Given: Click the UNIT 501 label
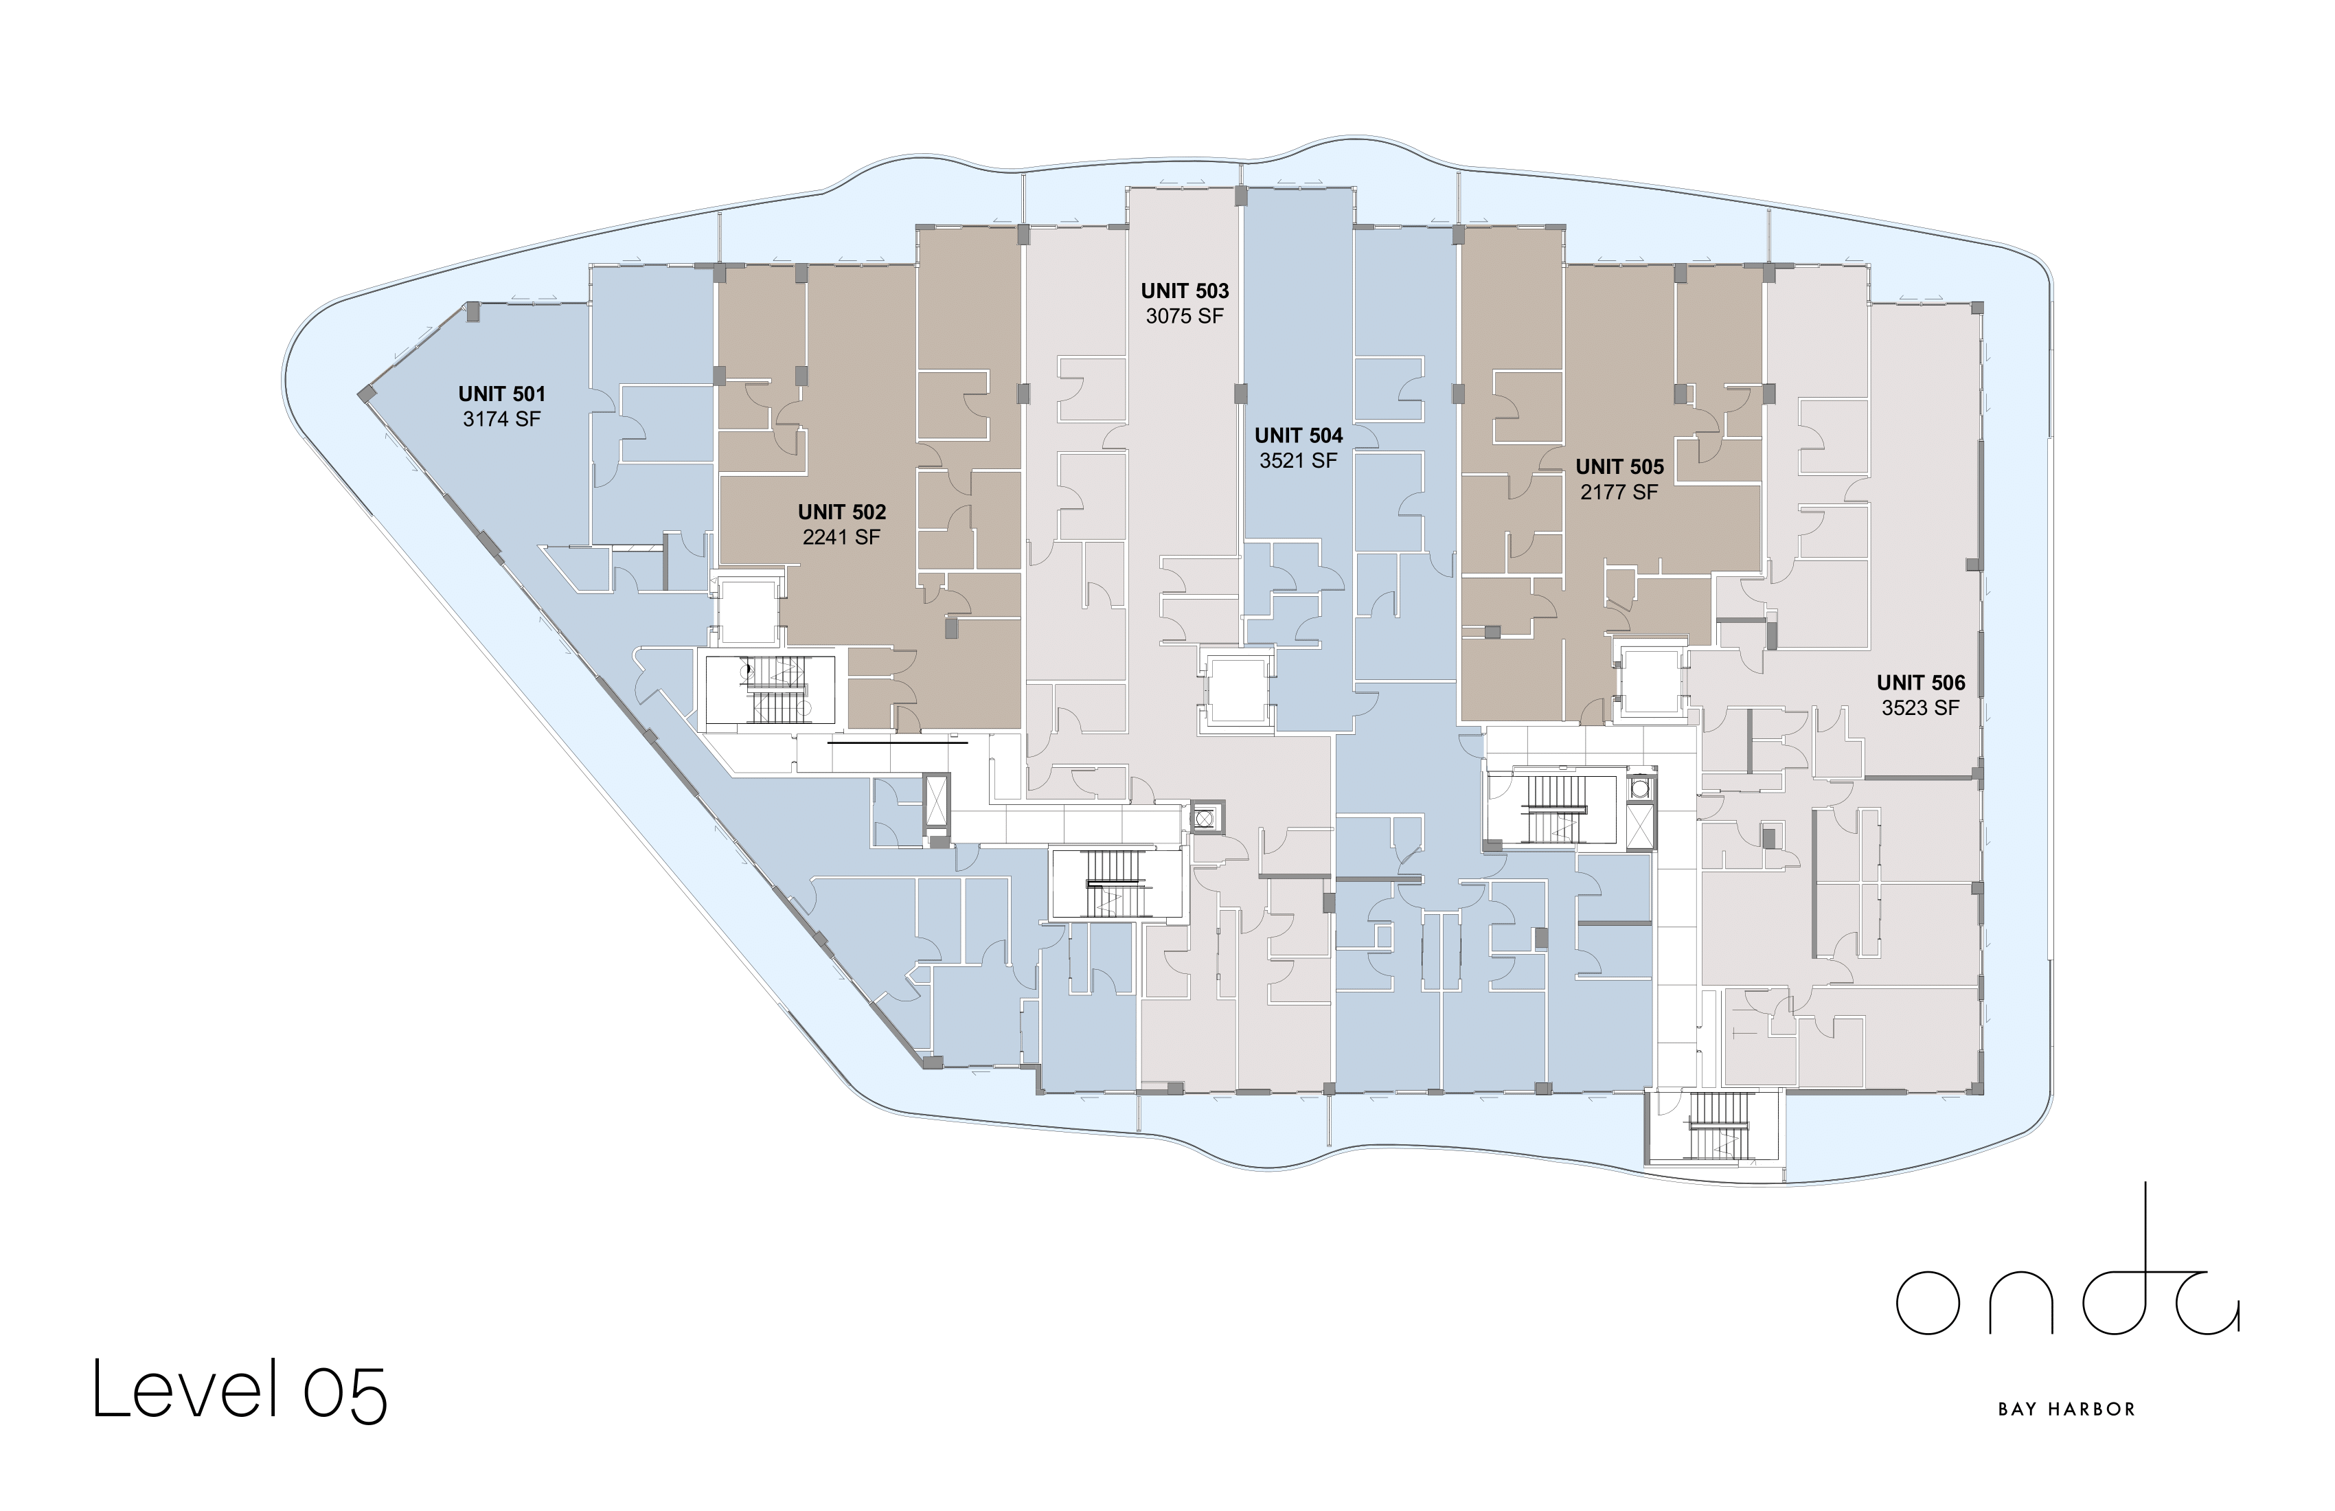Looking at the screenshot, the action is (x=501, y=394).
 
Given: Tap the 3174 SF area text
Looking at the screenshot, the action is (x=501, y=419).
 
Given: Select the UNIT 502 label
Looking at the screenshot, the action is (x=842, y=512).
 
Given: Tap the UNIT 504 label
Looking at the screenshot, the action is (x=1298, y=435).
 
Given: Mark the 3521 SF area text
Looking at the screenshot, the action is (x=1298, y=460).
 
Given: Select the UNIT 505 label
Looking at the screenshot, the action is (x=1620, y=467).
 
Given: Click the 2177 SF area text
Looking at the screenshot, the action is (x=1620, y=492).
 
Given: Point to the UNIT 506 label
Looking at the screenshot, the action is (x=1921, y=683).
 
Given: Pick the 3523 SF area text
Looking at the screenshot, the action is (x=1921, y=707).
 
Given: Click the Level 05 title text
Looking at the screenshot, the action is (x=240, y=1389).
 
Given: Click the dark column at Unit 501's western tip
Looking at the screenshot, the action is (x=366, y=394).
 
